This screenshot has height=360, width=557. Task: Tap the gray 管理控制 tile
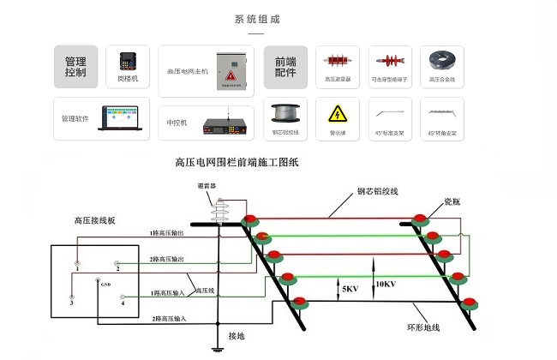75,67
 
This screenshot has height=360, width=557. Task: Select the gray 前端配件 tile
284,67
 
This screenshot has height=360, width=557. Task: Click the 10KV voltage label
386,284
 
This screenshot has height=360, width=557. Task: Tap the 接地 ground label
236,336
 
